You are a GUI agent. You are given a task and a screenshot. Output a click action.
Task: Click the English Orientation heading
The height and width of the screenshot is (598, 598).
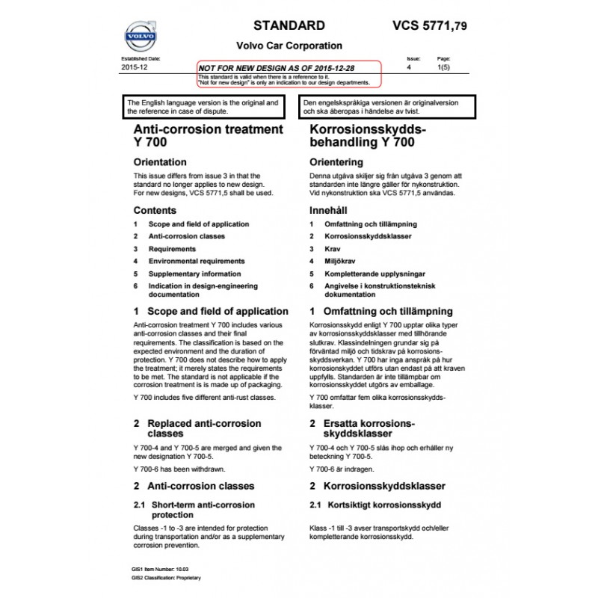159,161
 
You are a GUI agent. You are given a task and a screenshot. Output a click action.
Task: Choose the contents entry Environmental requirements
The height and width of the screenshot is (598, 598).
196,262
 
